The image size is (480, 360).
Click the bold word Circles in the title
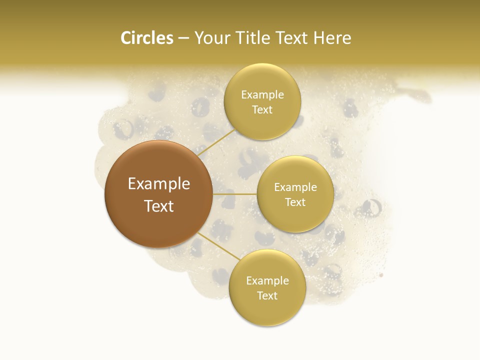146,38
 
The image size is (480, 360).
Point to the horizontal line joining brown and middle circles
235,194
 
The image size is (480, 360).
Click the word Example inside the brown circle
159,184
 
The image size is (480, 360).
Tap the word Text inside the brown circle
159,206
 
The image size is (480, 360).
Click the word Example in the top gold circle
262,94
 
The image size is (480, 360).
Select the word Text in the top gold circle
262,109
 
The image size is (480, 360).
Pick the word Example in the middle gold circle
295,187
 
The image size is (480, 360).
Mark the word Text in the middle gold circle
295,202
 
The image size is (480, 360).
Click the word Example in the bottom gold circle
267,280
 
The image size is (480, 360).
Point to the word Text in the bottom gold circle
267,295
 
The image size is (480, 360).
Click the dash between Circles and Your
183,38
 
